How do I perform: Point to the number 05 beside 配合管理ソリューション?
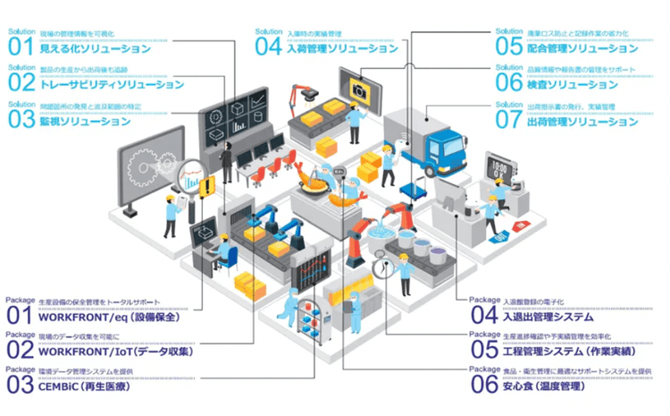[508, 45]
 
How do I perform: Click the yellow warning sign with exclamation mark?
[207, 187]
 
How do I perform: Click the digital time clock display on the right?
[497, 166]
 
